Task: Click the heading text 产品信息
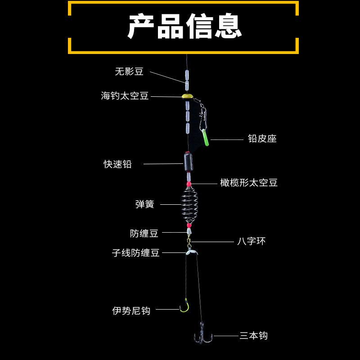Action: (x=184, y=27)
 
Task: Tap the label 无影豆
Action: (x=129, y=72)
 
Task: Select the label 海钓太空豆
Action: (x=125, y=96)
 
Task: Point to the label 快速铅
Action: (x=118, y=164)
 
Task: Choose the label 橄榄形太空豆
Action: (x=249, y=183)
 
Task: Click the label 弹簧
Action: (x=144, y=204)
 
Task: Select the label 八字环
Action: (x=252, y=242)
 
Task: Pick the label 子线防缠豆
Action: (x=135, y=253)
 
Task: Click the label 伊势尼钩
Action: (x=131, y=310)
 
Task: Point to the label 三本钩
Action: (x=253, y=336)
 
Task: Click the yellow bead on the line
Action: (x=186, y=96)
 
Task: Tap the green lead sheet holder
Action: (x=205, y=138)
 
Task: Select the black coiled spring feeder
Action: (x=187, y=205)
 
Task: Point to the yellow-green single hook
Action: (x=184, y=307)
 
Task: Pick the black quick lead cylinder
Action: (x=187, y=160)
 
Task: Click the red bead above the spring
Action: (x=188, y=184)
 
